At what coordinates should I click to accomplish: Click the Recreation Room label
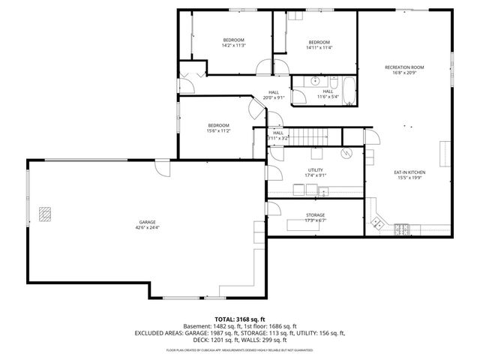pyautogui.click(x=404, y=67)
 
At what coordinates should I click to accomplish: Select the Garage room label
pyautogui.click(x=147, y=222)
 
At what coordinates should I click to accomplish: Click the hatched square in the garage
pyautogui.click(x=46, y=212)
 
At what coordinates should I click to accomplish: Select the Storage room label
pyautogui.click(x=315, y=215)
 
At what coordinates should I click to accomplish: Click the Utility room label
pyautogui.click(x=315, y=170)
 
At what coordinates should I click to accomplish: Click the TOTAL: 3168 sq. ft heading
pyautogui.click(x=240, y=319)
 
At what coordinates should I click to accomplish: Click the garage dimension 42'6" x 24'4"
pyautogui.click(x=147, y=228)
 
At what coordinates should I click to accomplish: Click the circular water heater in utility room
pyautogui.click(x=346, y=153)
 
